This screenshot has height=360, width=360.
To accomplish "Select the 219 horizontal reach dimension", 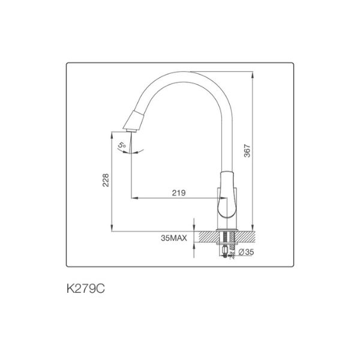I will [178, 193].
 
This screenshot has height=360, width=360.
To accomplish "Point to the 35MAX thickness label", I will [175, 238].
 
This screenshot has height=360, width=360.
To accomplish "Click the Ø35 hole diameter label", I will [247, 253].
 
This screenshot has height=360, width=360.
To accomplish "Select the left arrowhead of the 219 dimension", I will [133, 197].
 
